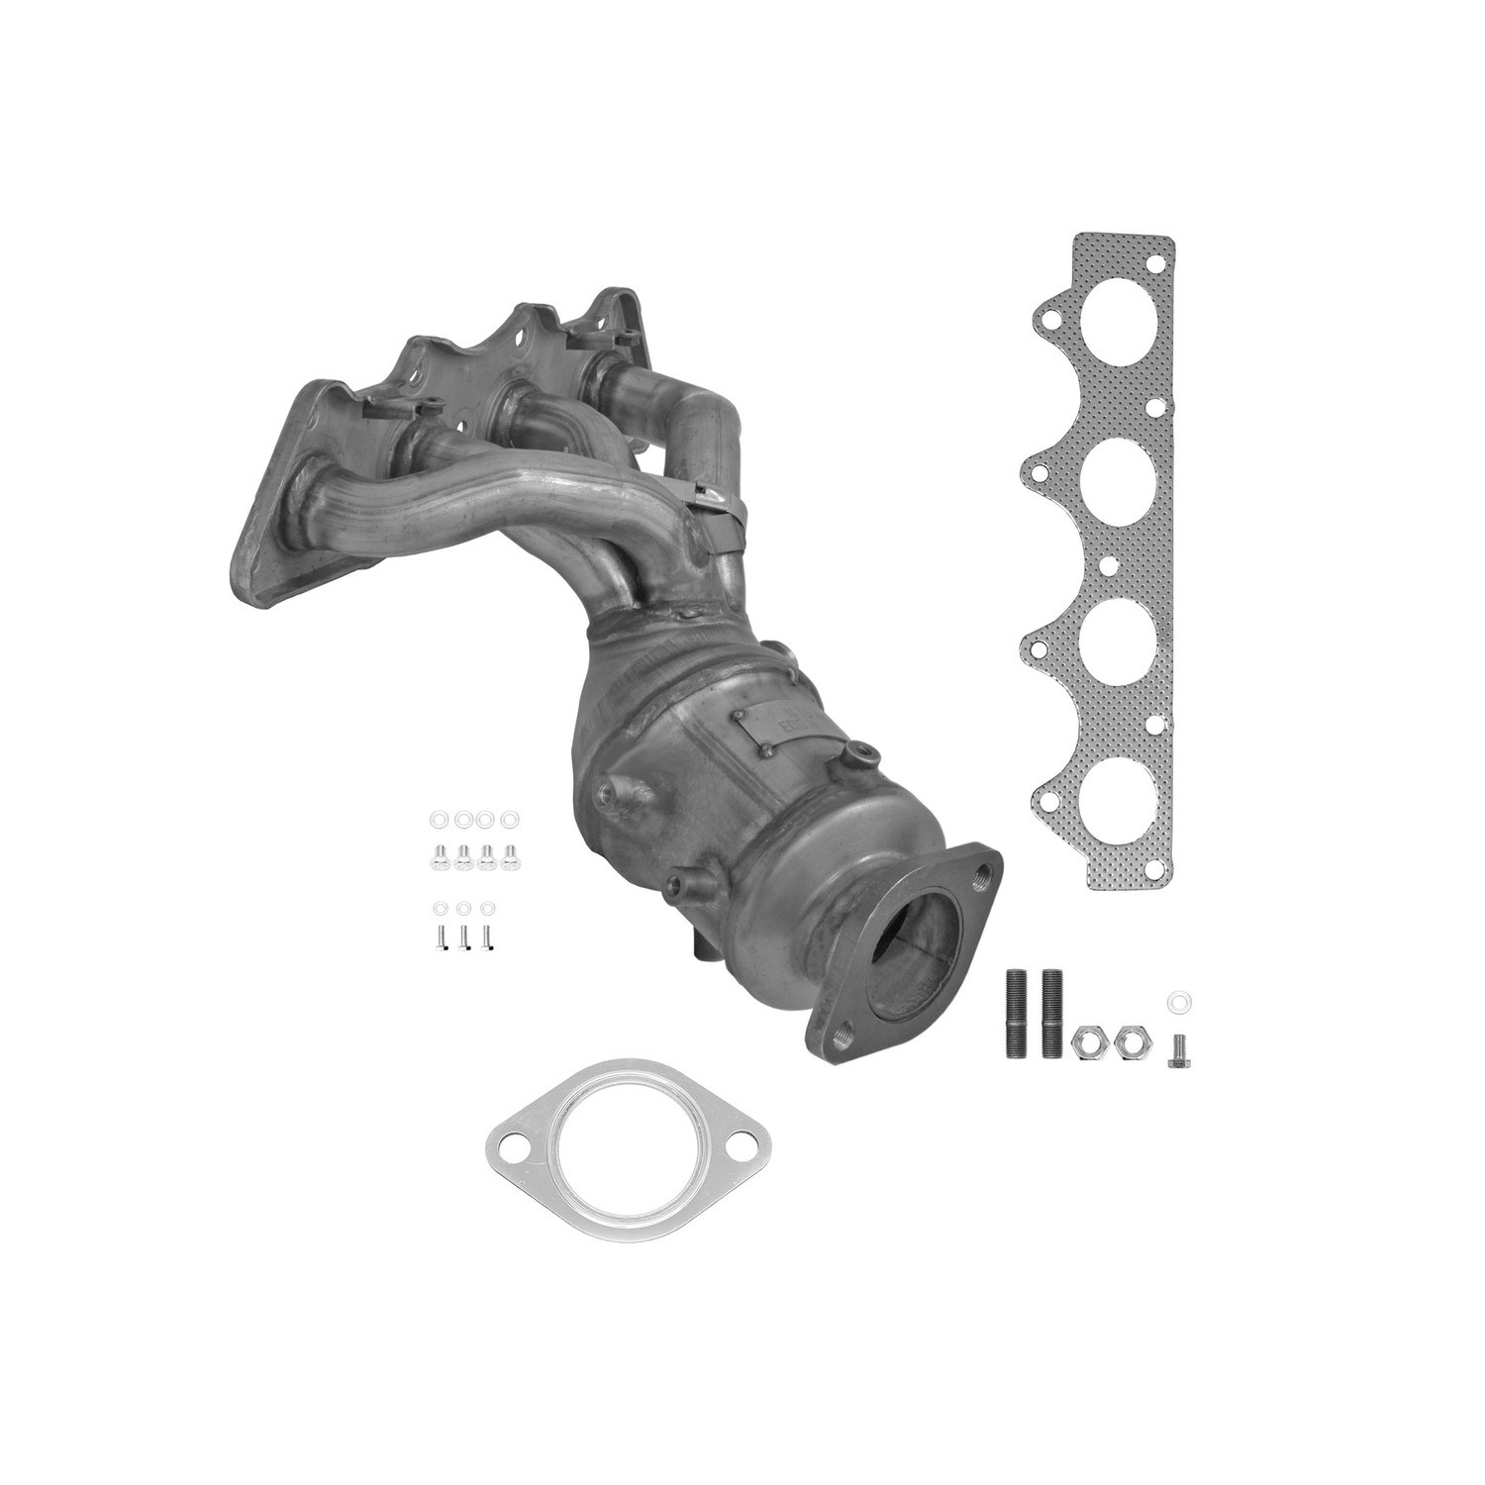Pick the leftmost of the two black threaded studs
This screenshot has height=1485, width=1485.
click(1018, 1016)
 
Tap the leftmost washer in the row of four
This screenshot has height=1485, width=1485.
click(440, 820)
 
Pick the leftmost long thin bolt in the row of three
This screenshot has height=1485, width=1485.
click(440, 938)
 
